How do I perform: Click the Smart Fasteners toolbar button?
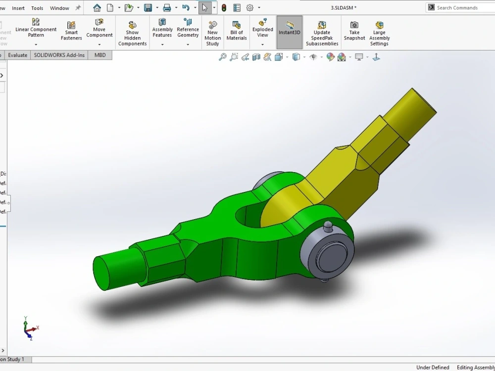coord(71,31)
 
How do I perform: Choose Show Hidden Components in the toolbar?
coord(132,34)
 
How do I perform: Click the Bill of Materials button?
coord(237,31)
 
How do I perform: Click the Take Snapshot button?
coord(354,31)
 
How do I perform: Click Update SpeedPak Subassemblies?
coord(322,33)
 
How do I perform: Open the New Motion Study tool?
coord(212,33)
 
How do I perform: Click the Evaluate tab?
coord(17,55)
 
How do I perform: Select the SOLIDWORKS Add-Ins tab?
coord(59,55)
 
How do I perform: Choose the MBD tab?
coord(100,55)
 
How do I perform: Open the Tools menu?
coord(37,8)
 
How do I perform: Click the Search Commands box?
coord(460,7)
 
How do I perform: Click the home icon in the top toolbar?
coord(97,8)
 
